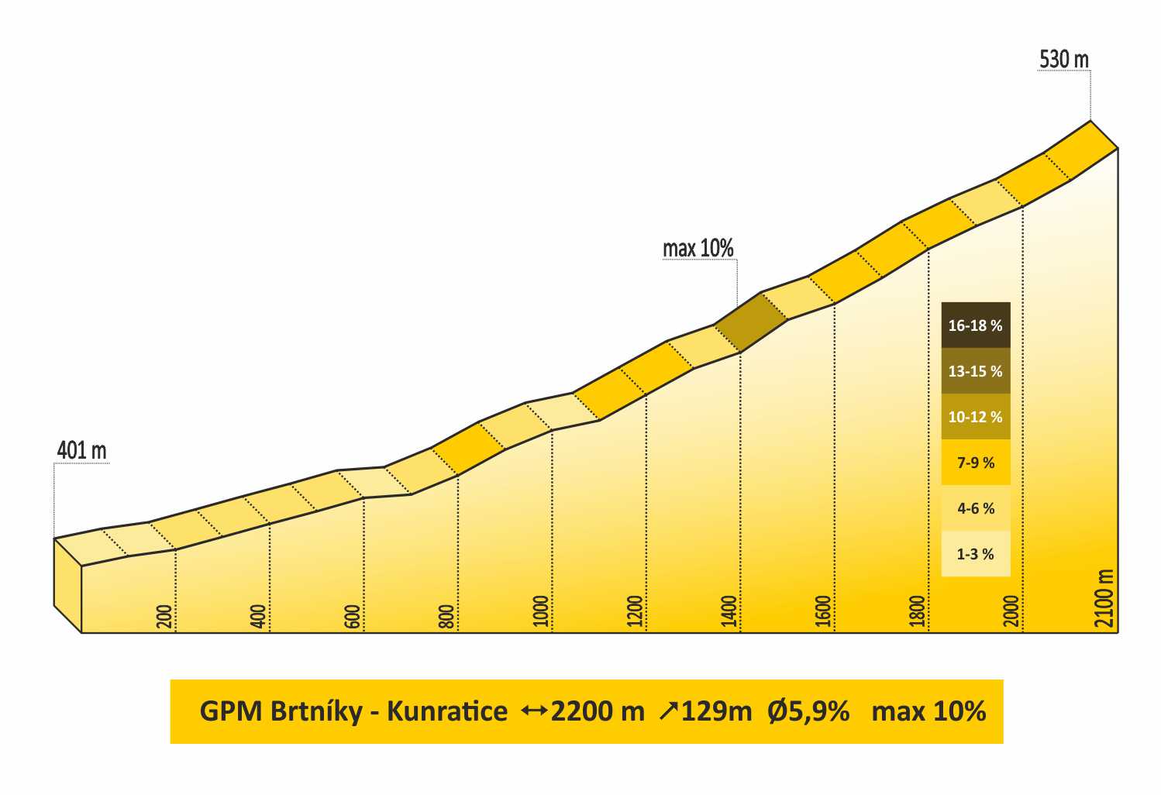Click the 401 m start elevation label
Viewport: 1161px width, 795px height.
point(81,450)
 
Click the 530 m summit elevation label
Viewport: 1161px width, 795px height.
point(1063,59)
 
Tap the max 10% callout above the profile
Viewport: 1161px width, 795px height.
point(698,249)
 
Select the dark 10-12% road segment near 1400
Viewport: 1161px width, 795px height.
point(749,322)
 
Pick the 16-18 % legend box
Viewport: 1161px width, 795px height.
point(975,325)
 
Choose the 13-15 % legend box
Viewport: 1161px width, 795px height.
point(975,371)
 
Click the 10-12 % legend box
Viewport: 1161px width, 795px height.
point(975,417)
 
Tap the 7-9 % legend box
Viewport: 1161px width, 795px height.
point(975,463)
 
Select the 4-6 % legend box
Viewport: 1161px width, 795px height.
point(975,508)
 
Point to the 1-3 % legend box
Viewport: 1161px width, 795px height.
point(975,554)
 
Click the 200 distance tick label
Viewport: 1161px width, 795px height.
point(164,616)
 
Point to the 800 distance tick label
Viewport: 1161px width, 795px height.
point(446,616)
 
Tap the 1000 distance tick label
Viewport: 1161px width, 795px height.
point(541,611)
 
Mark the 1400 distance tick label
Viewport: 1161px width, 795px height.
point(729,611)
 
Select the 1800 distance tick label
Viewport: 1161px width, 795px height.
point(918,611)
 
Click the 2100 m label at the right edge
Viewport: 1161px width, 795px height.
point(1107,598)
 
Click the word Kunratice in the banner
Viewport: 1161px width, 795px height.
point(447,711)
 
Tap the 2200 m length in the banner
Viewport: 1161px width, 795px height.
point(597,711)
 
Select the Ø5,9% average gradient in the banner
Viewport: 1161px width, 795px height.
point(808,711)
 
